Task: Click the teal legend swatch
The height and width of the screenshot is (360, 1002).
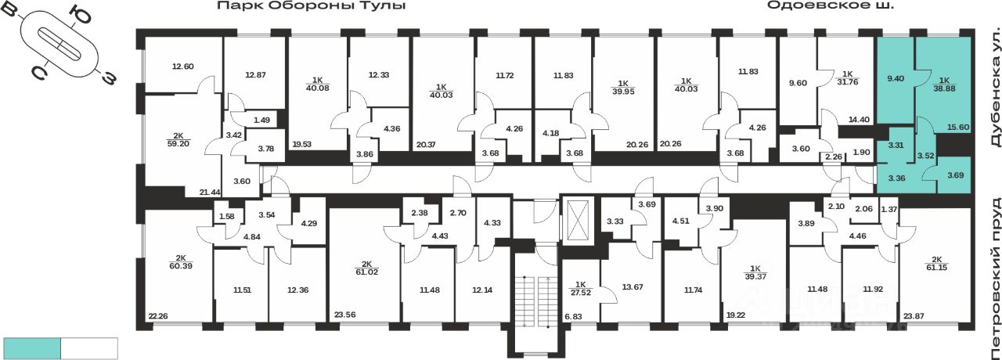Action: pyautogui.click(x=32, y=348)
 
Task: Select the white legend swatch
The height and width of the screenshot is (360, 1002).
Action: pyautogui.click(x=89, y=348)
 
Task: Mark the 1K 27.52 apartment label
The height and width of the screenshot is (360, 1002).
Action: pyautogui.click(x=580, y=287)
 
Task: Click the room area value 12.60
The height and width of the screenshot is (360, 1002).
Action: pyautogui.click(x=182, y=67)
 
